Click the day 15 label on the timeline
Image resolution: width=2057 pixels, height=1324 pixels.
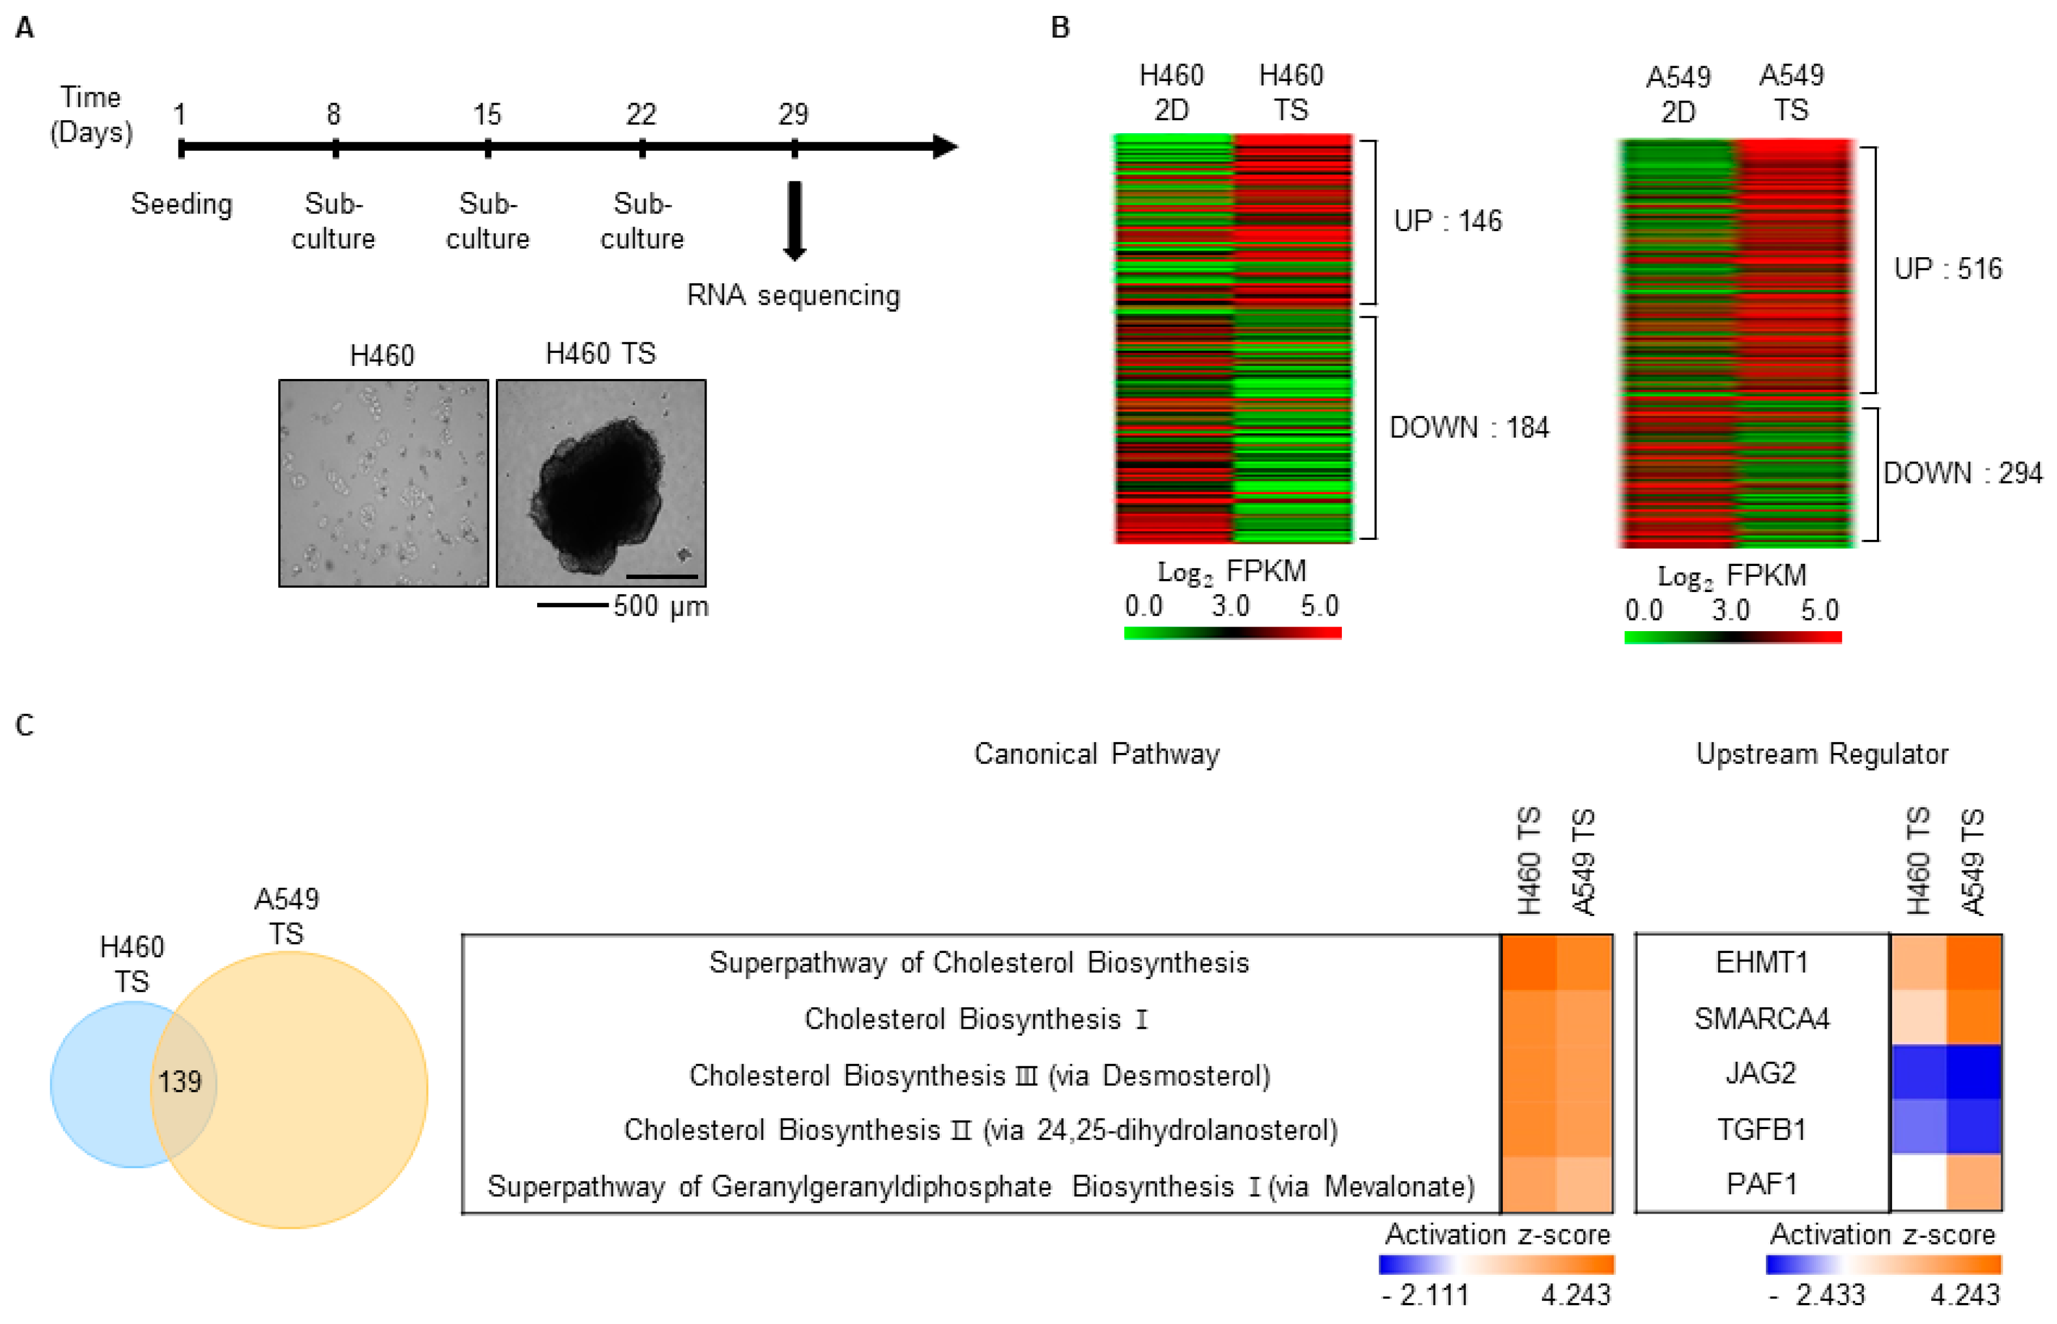click(487, 114)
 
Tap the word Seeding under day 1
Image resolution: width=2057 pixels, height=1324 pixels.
click(181, 205)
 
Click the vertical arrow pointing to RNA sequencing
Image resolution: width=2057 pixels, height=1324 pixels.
click(794, 220)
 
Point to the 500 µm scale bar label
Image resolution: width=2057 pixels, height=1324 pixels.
click(660, 606)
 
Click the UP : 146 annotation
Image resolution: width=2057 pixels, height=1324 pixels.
click(1447, 221)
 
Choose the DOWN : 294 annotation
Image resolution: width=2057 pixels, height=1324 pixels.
click(1962, 473)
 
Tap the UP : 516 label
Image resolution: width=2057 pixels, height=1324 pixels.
click(1947, 269)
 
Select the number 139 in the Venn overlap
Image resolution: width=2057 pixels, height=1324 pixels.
click(180, 1082)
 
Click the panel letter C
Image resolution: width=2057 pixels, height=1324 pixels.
click(25, 725)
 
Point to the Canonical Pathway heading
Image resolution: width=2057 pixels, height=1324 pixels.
click(1096, 754)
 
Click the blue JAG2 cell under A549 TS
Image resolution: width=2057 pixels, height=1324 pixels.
click(1974, 1072)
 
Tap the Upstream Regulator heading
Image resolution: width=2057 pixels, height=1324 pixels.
click(1821, 754)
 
